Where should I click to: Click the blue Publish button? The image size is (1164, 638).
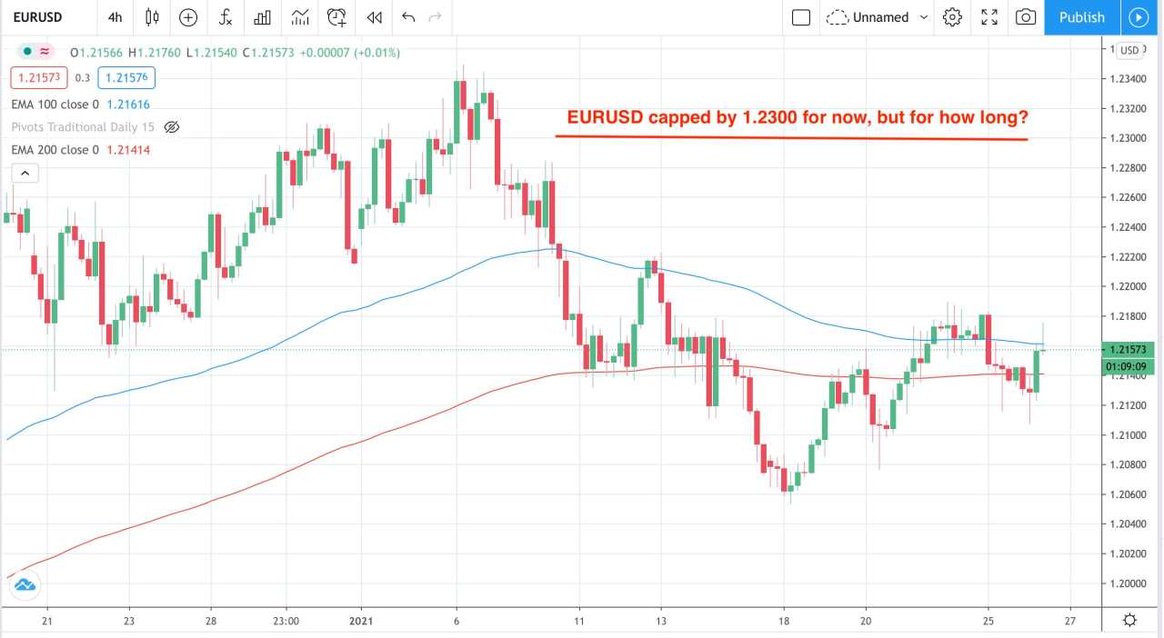(x=1081, y=17)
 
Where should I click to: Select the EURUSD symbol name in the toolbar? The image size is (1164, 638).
(x=37, y=17)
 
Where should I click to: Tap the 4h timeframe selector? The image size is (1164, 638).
(x=115, y=17)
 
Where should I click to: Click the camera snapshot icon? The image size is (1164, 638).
(x=1026, y=17)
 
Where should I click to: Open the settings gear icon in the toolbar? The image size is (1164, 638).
(x=952, y=17)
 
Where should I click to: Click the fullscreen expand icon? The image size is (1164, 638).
(x=989, y=17)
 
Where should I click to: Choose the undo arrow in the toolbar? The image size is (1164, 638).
(x=408, y=17)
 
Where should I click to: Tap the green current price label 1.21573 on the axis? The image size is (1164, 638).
(x=1129, y=350)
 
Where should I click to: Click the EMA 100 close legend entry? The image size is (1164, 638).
(x=55, y=105)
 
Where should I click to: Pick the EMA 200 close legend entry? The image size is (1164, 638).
(x=55, y=149)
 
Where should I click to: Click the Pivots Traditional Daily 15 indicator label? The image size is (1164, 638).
(x=83, y=127)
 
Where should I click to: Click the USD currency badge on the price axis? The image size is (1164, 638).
(x=1130, y=50)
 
